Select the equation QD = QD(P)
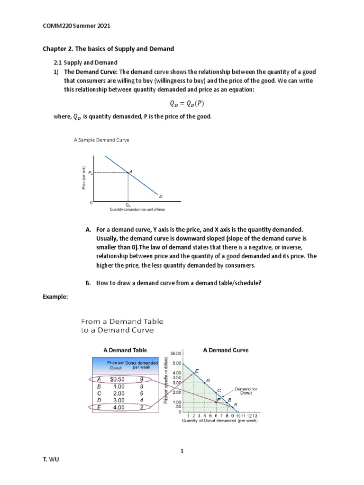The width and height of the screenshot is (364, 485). point(182,103)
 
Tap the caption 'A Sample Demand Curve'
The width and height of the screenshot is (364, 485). point(101,140)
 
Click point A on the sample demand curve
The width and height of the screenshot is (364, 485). point(127,173)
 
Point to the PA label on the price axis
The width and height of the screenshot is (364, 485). point(91,173)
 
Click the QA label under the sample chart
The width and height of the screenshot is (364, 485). point(127,205)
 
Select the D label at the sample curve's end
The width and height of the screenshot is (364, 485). point(160,196)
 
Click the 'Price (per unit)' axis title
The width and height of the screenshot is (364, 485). point(83,179)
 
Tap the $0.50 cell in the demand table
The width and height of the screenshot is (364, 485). point(117,379)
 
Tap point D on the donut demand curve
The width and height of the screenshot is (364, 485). point(205,382)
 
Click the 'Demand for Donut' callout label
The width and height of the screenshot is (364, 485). point(246,391)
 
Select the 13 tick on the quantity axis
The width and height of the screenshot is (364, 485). point(255,415)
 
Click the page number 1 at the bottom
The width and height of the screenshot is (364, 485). point(182,451)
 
